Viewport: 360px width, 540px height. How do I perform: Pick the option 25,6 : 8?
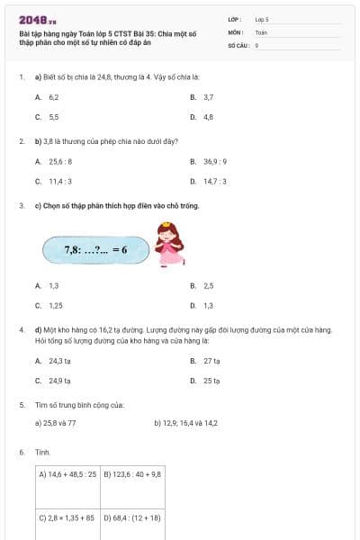[x=60, y=161]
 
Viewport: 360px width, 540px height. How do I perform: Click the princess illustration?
[x=166, y=244]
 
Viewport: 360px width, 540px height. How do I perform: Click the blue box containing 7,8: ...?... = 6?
[x=94, y=249]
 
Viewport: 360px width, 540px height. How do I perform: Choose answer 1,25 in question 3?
[x=55, y=305]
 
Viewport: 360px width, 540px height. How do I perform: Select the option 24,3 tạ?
[x=59, y=360]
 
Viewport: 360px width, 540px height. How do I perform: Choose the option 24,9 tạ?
[x=59, y=381]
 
